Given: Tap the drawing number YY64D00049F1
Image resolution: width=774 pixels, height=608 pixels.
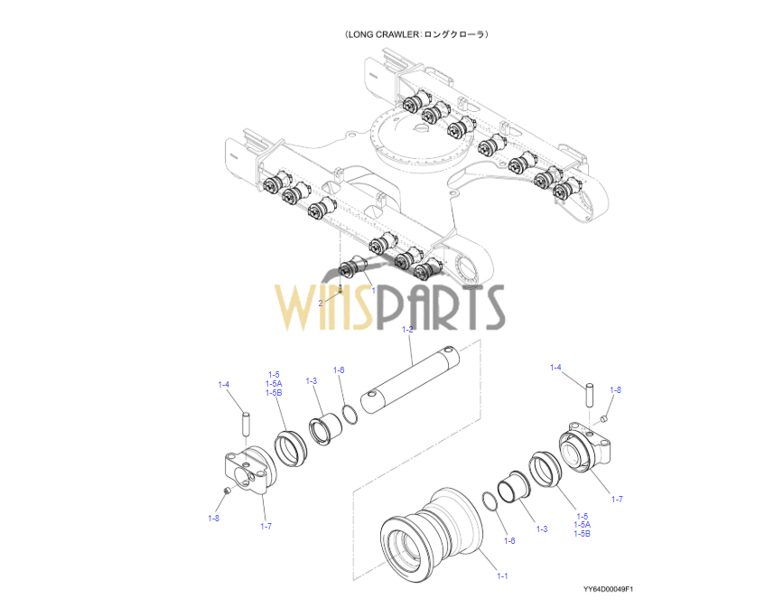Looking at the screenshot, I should (608, 589).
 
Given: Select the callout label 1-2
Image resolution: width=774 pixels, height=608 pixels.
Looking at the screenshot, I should (407, 330).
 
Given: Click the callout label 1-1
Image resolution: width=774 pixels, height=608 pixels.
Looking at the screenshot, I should (502, 575).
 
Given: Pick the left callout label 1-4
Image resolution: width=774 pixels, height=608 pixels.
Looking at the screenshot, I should (224, 385).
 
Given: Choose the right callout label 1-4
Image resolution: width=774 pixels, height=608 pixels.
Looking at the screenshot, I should (556, 367).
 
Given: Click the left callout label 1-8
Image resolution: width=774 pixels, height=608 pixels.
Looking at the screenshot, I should (213, 518).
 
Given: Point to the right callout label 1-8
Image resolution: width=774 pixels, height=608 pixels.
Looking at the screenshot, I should (615, 389).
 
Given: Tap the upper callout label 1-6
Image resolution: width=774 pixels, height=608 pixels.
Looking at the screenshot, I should (339, 369).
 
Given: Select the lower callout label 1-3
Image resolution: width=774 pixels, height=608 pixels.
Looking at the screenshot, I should (541, 528).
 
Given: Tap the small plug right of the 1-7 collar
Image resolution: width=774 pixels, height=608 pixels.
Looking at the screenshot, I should (604, 418).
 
